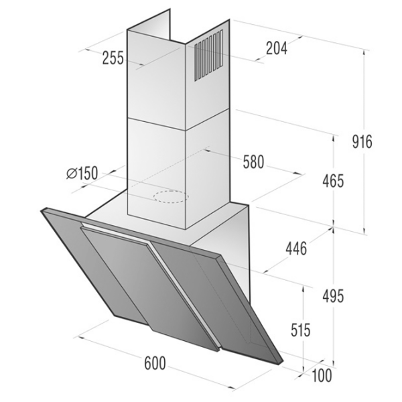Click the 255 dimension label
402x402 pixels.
click(x=113, y=58)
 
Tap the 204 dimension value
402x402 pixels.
click(x=277, y=48)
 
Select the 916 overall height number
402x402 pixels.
click(x=362, y=142)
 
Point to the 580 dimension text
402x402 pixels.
click(x=253, y=162)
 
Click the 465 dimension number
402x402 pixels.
click(x=333, y=182)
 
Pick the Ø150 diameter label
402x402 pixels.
click(x=82, y=173)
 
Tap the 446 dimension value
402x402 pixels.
click(x=296, y=249)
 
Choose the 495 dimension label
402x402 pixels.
click(x=333, y=297)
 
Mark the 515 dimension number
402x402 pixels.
click(x=300, y=330)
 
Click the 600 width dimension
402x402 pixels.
click(x=155, y=363)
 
